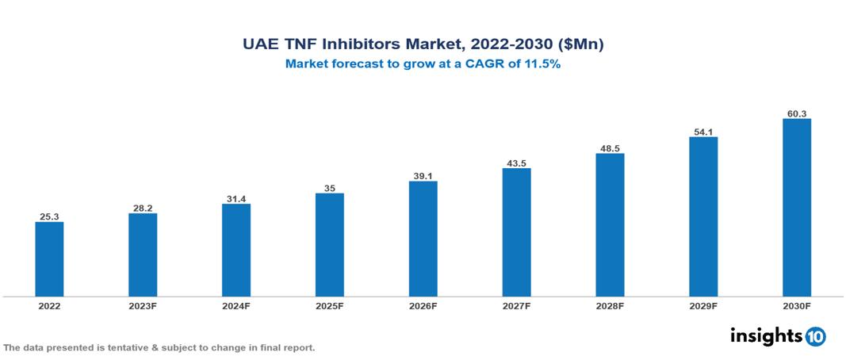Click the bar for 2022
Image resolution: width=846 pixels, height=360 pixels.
(x=49, y=259)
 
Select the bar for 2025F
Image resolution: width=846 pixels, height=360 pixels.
(x=329, y=245)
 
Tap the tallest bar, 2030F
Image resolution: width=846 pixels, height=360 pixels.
(x=796, y=208)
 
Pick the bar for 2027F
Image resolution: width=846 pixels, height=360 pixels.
(x=516, y=232)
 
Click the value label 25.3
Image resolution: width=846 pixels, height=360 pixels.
(x=49, y=215)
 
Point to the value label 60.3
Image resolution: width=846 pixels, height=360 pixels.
(x=796, y=113)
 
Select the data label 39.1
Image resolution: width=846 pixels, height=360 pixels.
(x=423, y=175)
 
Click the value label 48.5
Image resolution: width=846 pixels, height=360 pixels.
(x=610, y=147)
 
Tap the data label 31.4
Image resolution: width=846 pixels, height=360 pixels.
(x=236, y=197)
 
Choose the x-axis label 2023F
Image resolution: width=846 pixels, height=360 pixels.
(x=143, y=305)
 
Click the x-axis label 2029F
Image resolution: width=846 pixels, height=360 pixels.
(x=702, y=305)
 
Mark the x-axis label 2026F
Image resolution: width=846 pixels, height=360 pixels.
(x=423, y=305)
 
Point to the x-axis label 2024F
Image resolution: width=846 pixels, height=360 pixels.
(x=236, y=305)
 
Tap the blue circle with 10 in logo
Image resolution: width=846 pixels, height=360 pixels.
(x=815, y=336)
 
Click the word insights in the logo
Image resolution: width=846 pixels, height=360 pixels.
(x=766, y=335)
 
